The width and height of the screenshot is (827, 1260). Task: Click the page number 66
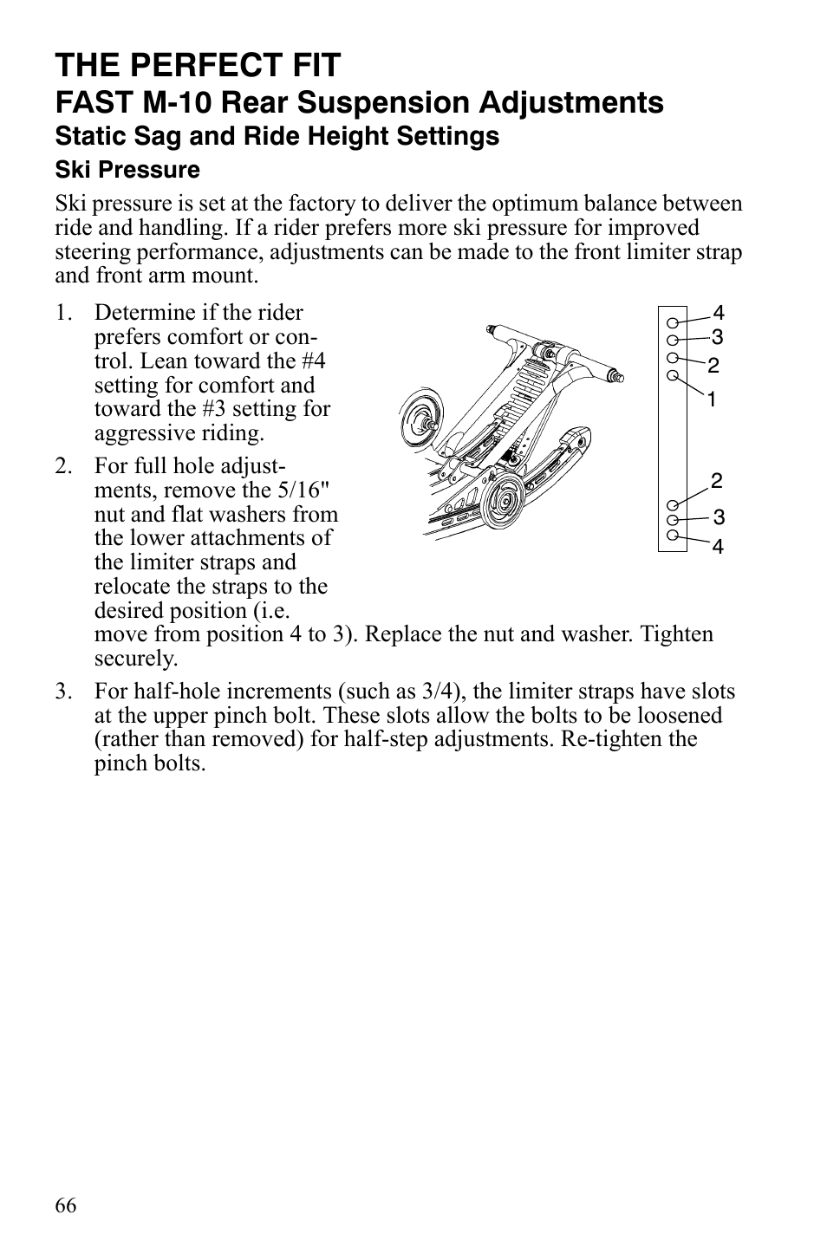point(66,1205)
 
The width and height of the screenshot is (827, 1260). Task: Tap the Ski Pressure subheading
point(127,170)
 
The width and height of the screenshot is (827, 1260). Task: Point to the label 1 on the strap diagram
point(711,399)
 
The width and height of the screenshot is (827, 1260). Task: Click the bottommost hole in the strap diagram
point(673,535)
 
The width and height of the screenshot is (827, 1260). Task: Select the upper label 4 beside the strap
point(718,313)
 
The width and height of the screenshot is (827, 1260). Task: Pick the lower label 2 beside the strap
point(717,481)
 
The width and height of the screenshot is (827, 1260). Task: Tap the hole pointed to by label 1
point(673,375)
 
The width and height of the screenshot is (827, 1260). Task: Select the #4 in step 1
point(309,360)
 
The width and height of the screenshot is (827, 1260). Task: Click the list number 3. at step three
point(63,692)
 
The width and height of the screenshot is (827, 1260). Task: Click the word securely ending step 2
point(135,659)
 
